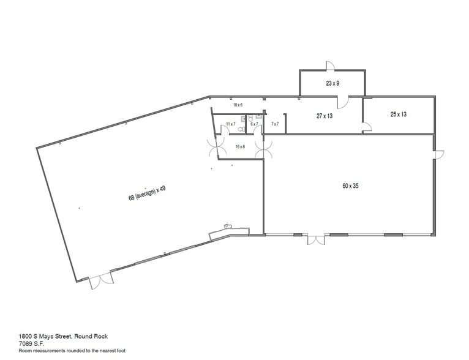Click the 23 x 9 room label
(x=332, y=83)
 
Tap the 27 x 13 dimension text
(x=325, y=116)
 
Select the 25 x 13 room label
(x=399, y=114)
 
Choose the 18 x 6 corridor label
(x=238, y=105)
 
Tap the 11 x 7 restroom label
(x=231, y=124)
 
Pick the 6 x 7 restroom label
(x=254, y=124)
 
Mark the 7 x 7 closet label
(x=275, y=124)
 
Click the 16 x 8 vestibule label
(x=240, y=147)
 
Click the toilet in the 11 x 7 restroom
(x=241, y=130)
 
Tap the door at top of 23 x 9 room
(x=329, y=65)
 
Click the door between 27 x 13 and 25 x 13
(x=366, y=127)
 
